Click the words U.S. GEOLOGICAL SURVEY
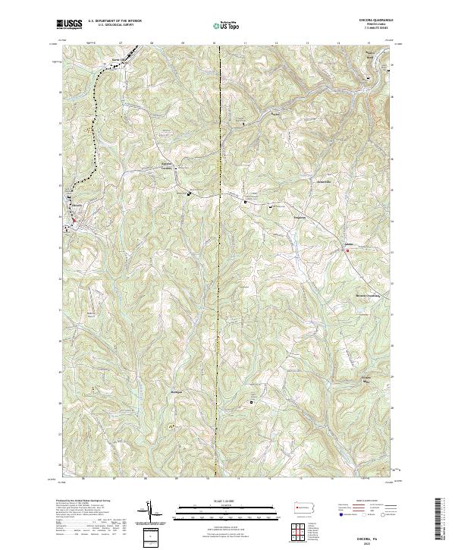107,26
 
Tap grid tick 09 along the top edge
184,43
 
